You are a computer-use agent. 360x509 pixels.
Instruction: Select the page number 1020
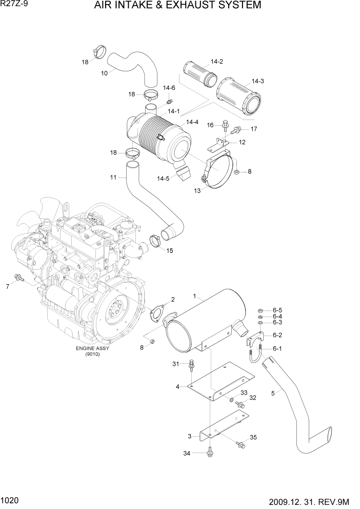tap(11, 500)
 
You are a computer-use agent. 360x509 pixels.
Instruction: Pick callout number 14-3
tap(257, 81)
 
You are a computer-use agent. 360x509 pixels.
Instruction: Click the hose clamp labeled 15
tap(157, 240)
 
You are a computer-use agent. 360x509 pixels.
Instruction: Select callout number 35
tap(253, 437)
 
